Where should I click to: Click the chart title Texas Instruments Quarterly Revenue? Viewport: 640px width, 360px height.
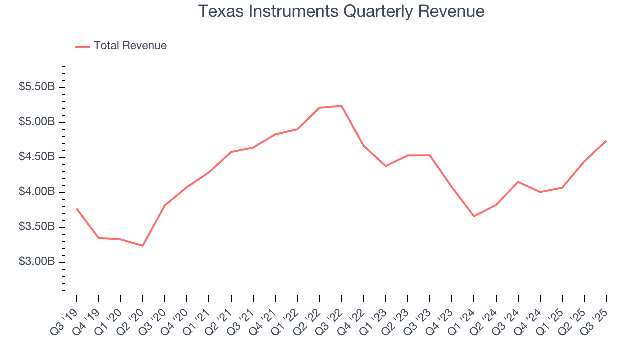tap(341, 11)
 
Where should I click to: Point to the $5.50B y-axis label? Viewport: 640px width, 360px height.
tap(37, 87)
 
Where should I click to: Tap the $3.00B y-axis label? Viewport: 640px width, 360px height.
tap(37, 262)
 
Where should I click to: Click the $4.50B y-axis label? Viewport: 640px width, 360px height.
tap(37, 157)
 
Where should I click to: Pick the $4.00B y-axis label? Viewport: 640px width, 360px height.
tap(37, 192)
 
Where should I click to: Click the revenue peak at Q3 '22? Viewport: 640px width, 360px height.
tap(341, 106)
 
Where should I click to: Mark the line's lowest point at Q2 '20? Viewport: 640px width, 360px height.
tap(143, 246)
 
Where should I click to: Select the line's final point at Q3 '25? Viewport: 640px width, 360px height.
tap(606, 141)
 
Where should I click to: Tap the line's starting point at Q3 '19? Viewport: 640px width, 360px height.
tap(76, 209)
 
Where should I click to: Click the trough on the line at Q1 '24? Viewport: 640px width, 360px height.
tap(474, 216)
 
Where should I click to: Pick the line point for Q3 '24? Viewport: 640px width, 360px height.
tap(518, 182)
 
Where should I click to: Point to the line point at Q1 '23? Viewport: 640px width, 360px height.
tap(385, 166)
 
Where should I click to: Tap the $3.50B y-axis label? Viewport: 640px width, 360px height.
tap(37, 227)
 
